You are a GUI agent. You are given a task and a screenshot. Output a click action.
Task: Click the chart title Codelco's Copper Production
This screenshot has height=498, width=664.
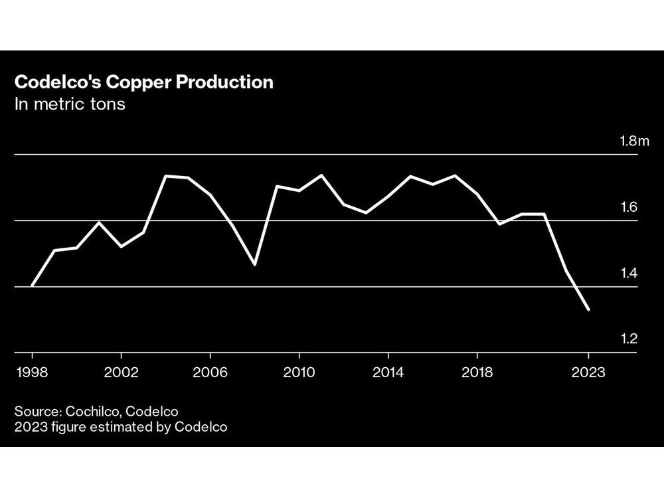coord(143,82)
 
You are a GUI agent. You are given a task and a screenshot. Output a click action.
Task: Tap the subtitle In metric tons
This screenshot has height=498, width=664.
coord(70,105)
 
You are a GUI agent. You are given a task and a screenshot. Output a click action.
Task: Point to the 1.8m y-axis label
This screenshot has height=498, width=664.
coord(633,141)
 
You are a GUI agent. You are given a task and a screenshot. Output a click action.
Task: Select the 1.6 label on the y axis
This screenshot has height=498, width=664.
coord(629,207)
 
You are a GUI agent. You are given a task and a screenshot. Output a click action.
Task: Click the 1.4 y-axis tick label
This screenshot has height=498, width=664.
coord(629,274)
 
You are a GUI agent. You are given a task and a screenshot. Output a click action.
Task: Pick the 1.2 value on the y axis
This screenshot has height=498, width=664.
coord(629,339)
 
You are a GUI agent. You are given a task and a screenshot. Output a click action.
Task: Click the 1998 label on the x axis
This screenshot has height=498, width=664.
coord(31,373)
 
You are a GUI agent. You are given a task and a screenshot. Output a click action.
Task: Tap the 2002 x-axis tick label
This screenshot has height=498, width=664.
coord(121,373)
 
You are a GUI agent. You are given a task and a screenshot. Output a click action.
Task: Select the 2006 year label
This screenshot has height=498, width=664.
coord(210,373)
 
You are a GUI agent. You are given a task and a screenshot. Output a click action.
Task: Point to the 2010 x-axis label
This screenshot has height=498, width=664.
coord(299,373)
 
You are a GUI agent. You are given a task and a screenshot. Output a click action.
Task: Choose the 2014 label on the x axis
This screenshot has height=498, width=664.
coord(388,373)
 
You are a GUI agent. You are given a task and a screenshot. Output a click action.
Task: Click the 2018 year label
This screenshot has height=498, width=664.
coord(477,373)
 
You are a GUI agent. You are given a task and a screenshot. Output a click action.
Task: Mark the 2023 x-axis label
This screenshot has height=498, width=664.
coord(588,373)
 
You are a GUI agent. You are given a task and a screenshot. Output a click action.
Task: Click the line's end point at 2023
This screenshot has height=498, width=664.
coord(588,309)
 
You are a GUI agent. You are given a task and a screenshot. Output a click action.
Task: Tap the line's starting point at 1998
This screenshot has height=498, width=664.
coord(32,286)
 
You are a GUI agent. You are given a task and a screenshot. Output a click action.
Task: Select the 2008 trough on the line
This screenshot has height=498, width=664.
coord(254,265)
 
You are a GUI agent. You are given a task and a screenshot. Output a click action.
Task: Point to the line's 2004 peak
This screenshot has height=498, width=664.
coord(165,176)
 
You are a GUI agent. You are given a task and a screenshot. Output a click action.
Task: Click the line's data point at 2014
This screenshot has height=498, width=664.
coord(388,196)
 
